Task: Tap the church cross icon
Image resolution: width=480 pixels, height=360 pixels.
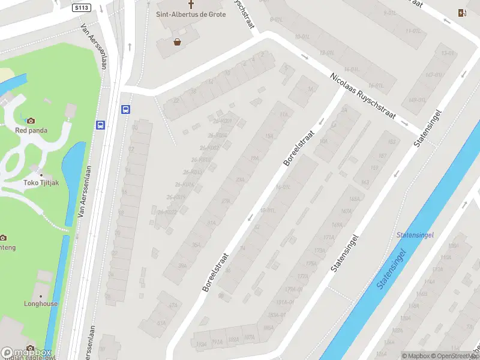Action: click(191, 4)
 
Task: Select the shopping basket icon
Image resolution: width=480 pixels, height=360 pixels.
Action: click(178, 42)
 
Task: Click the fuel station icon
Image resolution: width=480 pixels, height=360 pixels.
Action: click(461, 13)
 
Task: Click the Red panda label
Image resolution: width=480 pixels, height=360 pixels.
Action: click(32, 130)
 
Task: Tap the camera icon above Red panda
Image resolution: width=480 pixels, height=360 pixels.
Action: click(31, 121)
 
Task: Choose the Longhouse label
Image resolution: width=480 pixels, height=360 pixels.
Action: click(41, 304)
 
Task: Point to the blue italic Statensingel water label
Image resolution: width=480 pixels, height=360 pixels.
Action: click(415, 235)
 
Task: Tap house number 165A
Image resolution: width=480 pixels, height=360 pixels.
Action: click(354, 199)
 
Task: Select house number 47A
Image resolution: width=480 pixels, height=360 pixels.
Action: click(173, 305)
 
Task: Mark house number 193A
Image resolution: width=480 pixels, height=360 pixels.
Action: click(232, 340)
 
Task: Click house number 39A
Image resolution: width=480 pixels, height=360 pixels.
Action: click(182, 266)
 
